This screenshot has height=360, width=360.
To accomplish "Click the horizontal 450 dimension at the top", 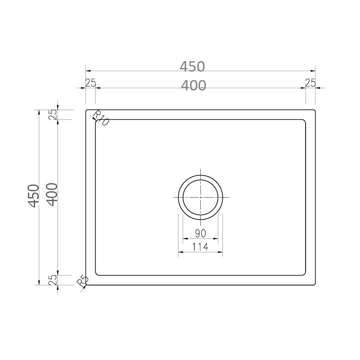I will [192, 67].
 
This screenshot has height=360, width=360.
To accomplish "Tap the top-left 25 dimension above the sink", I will [90, 82].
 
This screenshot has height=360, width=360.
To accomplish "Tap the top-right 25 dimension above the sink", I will [310, 82].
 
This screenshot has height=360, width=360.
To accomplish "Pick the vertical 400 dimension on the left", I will [52, 195].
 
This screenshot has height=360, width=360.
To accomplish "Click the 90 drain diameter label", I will [200, 234].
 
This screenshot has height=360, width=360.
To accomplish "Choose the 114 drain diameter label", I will [200, 247].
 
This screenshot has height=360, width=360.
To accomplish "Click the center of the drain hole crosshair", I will [200, 198].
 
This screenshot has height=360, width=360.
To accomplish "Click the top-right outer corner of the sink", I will [315, 109].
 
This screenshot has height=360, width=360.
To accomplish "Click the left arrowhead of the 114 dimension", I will [180, 252].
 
